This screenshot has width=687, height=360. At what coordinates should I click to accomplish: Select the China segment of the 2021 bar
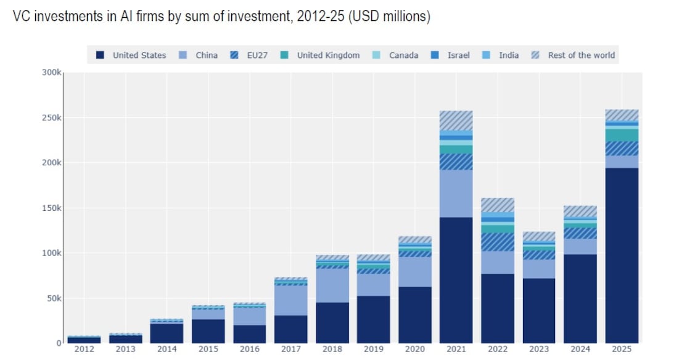[456, 193]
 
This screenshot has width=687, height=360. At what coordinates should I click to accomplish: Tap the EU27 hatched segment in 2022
[497, 242]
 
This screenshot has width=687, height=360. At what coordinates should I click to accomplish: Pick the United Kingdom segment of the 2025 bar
[622, 135]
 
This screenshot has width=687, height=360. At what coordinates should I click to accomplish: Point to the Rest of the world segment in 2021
[456, 120]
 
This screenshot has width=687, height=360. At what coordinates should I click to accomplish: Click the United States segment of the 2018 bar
[332, 322]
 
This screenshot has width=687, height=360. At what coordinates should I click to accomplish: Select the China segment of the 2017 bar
[290, 300]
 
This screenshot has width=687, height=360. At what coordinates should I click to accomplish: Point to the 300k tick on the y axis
[51, 73]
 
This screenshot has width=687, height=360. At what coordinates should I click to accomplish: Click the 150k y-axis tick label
[51, 208]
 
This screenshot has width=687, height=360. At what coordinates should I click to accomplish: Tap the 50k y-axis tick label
[53, 298]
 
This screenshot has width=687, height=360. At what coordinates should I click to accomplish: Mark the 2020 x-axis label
[414, 350]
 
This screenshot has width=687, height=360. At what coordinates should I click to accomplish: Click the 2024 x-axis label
[580, 350]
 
